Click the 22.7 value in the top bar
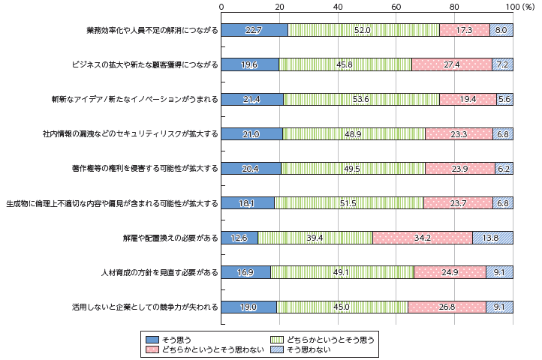click(x=253, y=30)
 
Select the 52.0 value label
click(x=362, y=30)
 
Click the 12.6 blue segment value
click(x=239, y=238)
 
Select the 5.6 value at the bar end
click(x=504, y=99)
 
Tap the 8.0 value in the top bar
click(x=501, y=30)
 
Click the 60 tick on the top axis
click(x=396, y=7)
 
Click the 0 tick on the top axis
click(x=221, y=7)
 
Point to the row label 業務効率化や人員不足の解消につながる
click(x=152, y=31)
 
